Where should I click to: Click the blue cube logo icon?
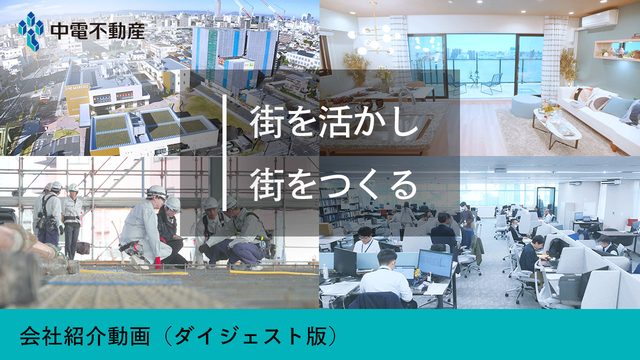tap(31, 31)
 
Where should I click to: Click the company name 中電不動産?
tap(97, 31)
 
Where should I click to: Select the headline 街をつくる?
tap(333, 184)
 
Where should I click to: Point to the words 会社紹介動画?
tap(85, 336)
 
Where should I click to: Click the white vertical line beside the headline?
tap(224, 153)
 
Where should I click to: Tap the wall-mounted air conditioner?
tap(600, 19)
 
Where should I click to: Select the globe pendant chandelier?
tap(374, 37)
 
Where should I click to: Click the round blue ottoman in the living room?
tap(526, 106)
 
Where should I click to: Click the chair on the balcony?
tap(492, 83)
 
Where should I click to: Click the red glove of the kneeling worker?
tap(158, 263)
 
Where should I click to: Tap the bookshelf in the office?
tap(338, 206)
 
